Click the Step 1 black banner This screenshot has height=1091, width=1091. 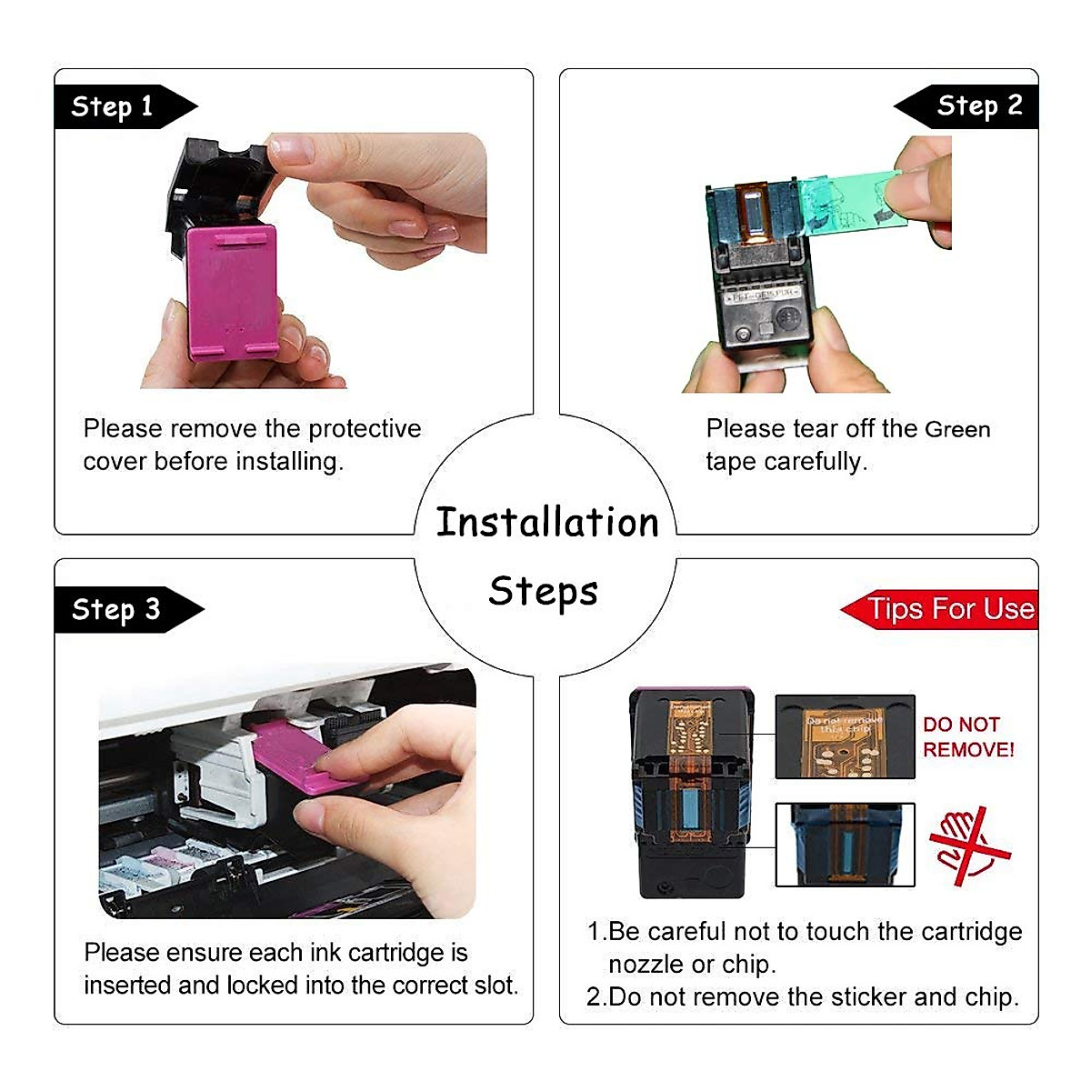pyautogui.click(x=114, y=106)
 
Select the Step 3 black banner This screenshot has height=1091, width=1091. pyautogui.click(x=118, y=609)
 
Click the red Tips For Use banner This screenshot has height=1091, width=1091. pyautogui.click(x=946, y=609)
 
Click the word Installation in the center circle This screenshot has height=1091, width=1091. pyautogui.click(x=547, y=523)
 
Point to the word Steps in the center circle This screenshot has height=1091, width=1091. pyautogui.click(x=544, y=591)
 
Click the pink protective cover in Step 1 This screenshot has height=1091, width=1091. pyautogui.click(x=232, y=291)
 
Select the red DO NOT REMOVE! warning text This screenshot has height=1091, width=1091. pyautogui.click(x=968, y=737)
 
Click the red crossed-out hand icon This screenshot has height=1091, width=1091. pyautogui.click(x=969, y=846)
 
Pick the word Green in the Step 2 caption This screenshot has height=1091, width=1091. pyautogui.click(x=957, y=429)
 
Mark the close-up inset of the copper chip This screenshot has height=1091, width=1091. pyautogui.click(x=845, y=737)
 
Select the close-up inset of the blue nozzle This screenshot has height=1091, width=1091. pyautogui.click(x=845, y=845)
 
